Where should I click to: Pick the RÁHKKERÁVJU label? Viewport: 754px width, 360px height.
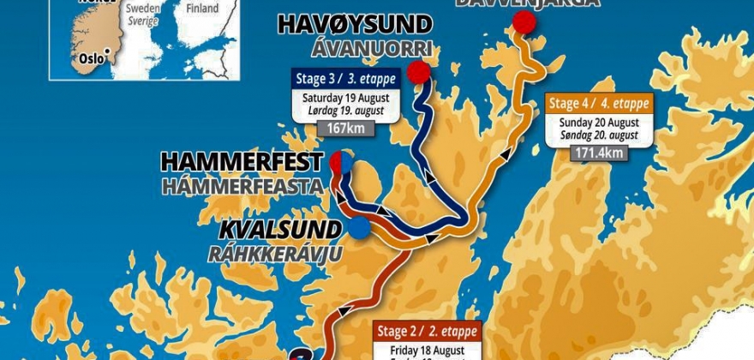pos(275,253)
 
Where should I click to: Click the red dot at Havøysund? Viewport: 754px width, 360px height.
pos(418,72)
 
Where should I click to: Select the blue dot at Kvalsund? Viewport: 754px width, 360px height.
pos(358,227)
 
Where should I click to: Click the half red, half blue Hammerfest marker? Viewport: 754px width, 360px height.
pos(340,162)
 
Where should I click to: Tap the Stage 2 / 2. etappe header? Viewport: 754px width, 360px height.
pos(428,332)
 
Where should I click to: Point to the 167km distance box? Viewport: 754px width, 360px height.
pos(342,129)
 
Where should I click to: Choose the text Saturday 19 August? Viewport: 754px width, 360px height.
pos(342,98)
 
